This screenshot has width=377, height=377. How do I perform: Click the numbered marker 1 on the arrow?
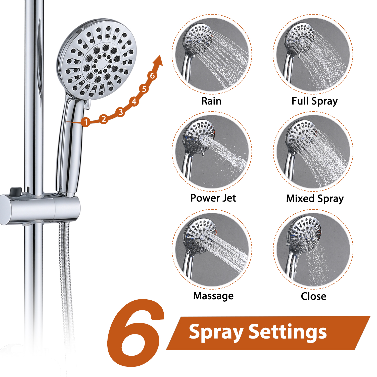click(x=86, y=122)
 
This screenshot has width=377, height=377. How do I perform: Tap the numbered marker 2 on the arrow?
click(x=104, y=119)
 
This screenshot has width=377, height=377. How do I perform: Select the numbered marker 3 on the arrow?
click(x=121, y=112)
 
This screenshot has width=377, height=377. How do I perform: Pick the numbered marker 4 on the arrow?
click(x=134, y=102)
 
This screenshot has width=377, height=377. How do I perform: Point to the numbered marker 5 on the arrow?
click(x=144, y=89)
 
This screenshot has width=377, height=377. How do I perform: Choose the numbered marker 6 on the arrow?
click(x=152, y=75)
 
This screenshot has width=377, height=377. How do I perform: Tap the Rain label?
click(x=211, y=101)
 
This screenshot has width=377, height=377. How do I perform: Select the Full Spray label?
click(x=314, y=101)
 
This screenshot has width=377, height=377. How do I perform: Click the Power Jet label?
click(x=213, y=198)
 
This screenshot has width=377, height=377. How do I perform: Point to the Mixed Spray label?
click(x=315, y=199)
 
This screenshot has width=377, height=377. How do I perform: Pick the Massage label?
click(x=213, y=296)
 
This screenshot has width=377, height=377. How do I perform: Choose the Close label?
click(x=313, y=296)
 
